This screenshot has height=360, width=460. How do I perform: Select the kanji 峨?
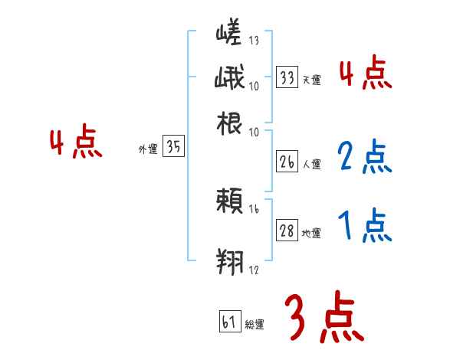pyautogui.click(x=229, y=79)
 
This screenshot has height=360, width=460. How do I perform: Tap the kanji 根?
pyautogui.click(x=229, y=122)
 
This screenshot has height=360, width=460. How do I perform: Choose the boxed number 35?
pyautogui.click(x=174, y=149)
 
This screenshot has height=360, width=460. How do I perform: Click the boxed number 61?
pyautogui.click(x=229, y=322)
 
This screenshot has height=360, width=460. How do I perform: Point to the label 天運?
pyautogui.click(x=311, y=80)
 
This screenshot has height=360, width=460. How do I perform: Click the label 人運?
pyautogui.click(x=311, y=165)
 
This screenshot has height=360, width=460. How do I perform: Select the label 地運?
pyautogui.click(x=311, y=233)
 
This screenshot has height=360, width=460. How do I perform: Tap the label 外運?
pyautogui.click(x=148, y=150)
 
